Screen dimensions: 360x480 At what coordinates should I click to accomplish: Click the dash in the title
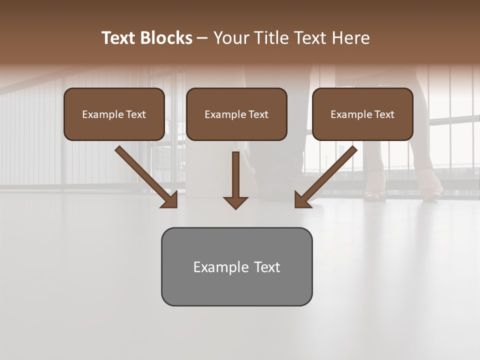(202, 38)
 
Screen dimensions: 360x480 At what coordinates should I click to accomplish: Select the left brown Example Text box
(114, 114)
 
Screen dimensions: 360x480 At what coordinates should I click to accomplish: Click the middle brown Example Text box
(236, 114)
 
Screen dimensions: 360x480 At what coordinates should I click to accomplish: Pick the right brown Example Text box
(362, 114)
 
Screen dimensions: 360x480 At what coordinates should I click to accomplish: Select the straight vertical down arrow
(235, 175)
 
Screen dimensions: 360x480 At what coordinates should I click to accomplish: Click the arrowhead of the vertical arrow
(235, 202)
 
